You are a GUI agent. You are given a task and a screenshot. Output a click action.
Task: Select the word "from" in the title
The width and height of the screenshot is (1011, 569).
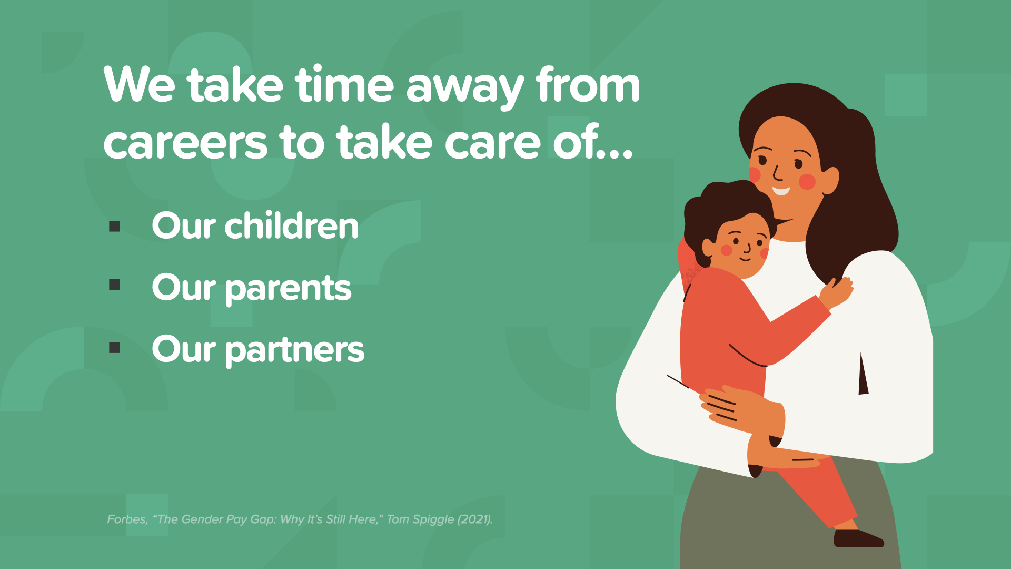588,84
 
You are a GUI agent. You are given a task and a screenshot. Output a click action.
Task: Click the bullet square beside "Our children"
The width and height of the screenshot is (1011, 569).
115,227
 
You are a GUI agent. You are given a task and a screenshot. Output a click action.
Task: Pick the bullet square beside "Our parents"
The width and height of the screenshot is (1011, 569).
115,285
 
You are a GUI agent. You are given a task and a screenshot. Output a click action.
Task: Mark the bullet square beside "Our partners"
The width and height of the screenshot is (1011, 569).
115,348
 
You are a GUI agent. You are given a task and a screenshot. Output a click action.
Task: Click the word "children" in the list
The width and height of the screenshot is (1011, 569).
292,225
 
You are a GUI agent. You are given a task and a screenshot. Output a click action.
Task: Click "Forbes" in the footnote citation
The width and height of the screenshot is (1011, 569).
127,519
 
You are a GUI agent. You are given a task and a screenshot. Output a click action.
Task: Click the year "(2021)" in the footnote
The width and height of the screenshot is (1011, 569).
475,519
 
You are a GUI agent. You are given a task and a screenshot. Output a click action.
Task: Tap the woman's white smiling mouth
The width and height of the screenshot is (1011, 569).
781,190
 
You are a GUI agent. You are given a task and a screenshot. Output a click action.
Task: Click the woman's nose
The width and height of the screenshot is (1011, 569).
777,173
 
